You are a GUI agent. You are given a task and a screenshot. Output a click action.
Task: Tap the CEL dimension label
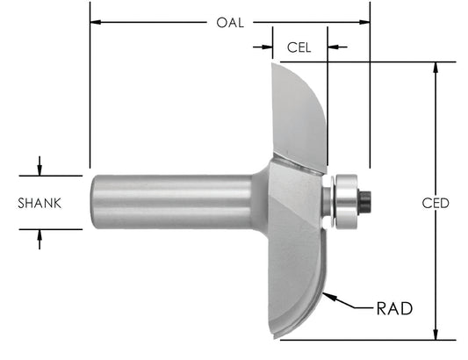click(x=299, y=46)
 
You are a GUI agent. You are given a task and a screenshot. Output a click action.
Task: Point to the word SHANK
click(x=40, y=203)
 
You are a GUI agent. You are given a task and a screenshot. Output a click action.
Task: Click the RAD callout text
click(x=394, y=308)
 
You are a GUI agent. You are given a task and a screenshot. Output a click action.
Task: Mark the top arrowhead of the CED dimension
click(x=436, y=68)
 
